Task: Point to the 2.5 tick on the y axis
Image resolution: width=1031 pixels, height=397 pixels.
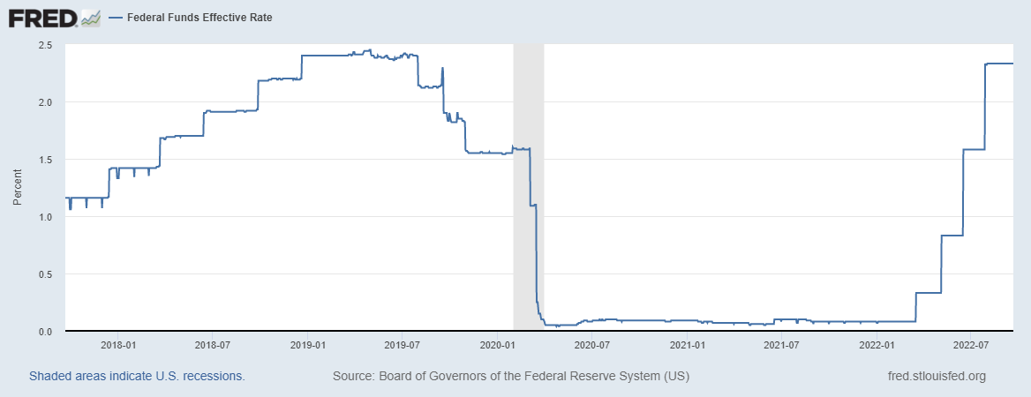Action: pos(45,45)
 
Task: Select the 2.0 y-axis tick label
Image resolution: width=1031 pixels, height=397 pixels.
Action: pos(45,102)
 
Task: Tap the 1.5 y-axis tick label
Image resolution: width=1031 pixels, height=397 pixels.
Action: pos(45,160)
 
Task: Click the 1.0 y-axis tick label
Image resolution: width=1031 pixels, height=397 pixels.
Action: pos(45,217)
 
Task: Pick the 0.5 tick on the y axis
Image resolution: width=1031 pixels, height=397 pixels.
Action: pos(45,274)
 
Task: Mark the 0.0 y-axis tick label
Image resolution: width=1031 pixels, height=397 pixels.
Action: pos(45,332)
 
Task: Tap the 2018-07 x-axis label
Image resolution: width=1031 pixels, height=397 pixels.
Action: pos(212,344)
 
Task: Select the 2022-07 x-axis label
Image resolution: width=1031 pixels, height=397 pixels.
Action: pos(975,344)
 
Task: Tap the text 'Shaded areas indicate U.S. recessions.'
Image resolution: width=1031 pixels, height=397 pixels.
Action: pos(137,377)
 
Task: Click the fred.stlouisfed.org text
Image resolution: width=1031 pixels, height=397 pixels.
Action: pos(937,377)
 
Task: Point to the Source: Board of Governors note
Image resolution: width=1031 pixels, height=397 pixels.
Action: pos(510,377)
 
